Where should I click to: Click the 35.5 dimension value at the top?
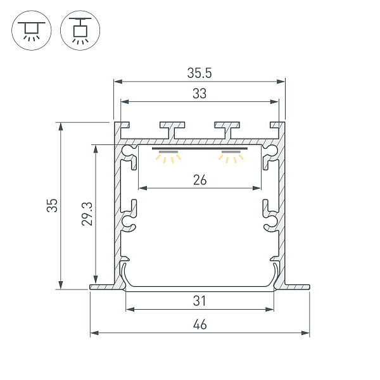tap(199, 73)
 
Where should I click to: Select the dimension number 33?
tap(199, 94)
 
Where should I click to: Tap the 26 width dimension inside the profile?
tap(199, 180)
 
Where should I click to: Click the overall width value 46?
tap(199, 326)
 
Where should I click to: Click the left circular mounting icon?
tap(30, 30)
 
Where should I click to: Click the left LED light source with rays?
tap(168, 156)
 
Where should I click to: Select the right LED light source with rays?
tap(231, 156)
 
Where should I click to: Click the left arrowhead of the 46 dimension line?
tap(92, 332)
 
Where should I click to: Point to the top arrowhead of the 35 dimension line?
tap(61, 125)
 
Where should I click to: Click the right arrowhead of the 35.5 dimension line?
tap(282, 81)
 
